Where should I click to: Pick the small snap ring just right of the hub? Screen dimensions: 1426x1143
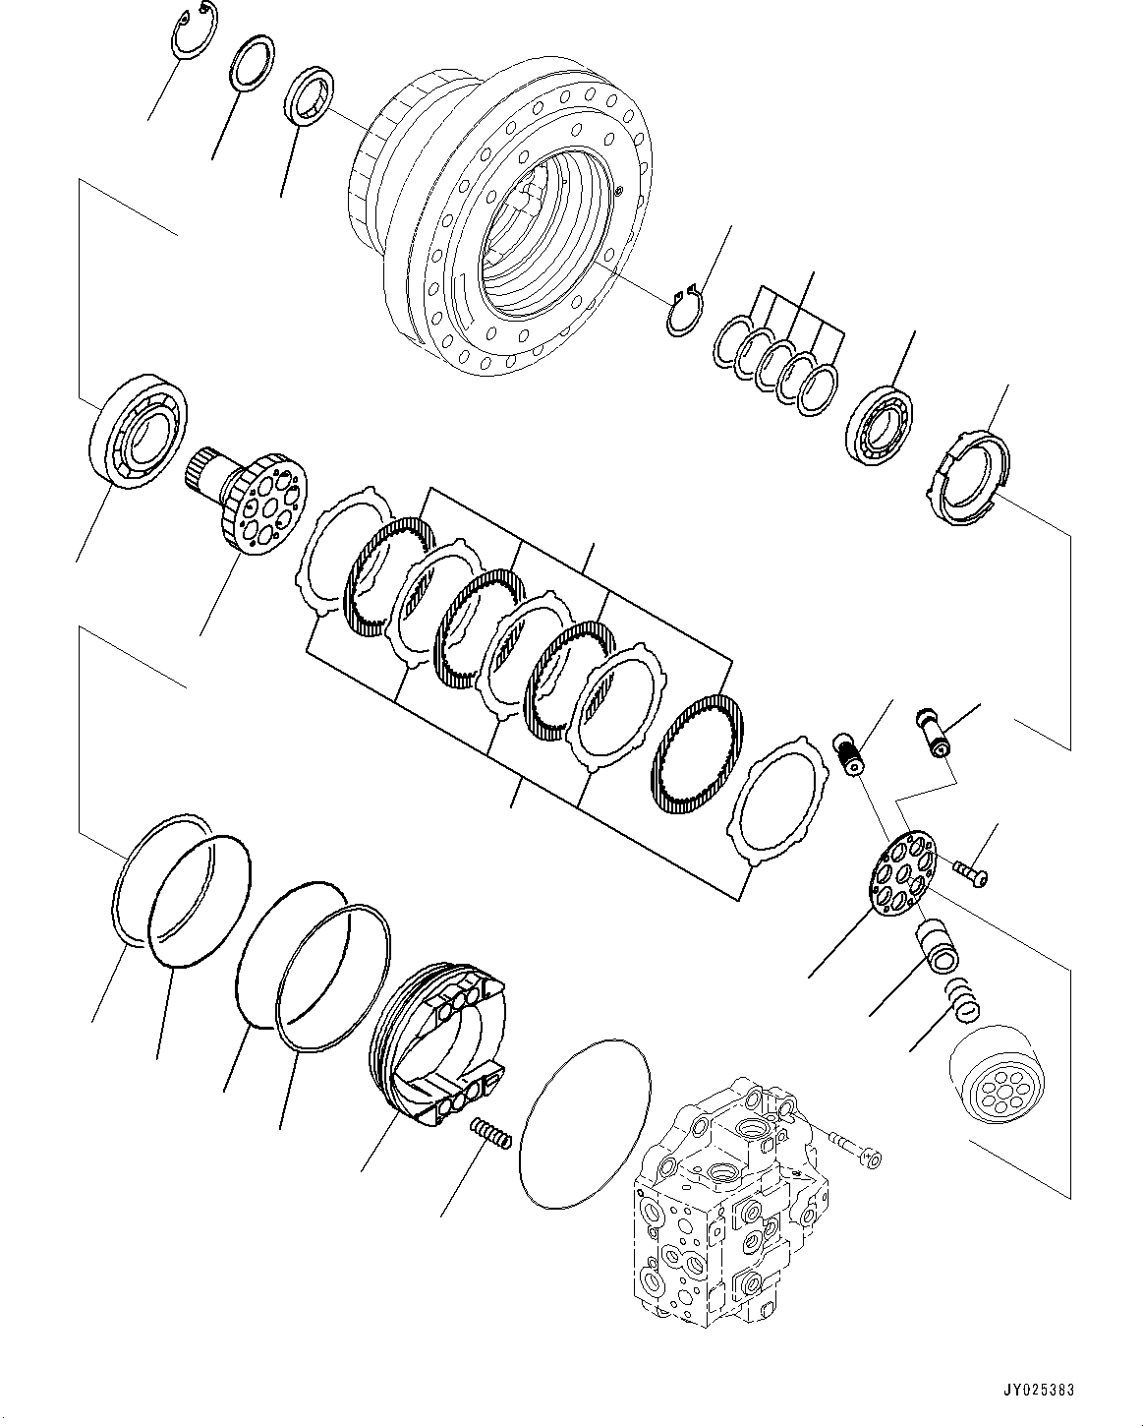[684, 312]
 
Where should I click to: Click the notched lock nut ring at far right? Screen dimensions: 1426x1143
[969, 479]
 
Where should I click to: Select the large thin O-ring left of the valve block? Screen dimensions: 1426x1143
[584, 1120]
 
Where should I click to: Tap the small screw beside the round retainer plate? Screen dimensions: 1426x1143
[969, 868]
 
